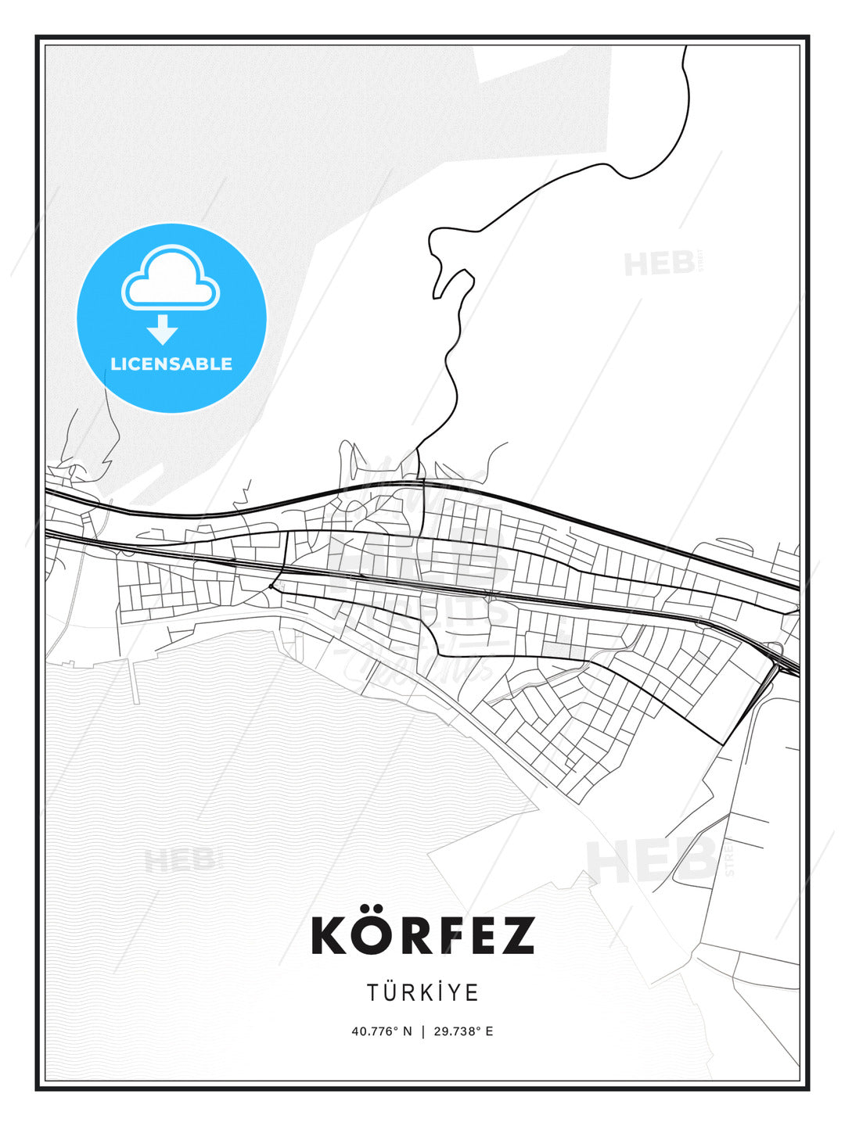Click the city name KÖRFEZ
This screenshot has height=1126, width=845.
coord(422,935)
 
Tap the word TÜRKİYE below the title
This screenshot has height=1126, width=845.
coord(422,992)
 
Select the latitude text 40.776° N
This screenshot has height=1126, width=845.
coord(382,1031)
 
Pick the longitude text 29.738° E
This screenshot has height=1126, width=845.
coord(464,1031)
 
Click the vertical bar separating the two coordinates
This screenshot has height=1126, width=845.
coord(423,1031)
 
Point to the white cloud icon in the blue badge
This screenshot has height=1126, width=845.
coord(171,278)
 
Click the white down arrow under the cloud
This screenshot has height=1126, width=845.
coord(163,329)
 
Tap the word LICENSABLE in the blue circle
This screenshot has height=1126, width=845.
coord(171,364)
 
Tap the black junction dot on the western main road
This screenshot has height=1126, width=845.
coord(271,585)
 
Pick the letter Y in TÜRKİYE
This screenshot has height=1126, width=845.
coord(455,992)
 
